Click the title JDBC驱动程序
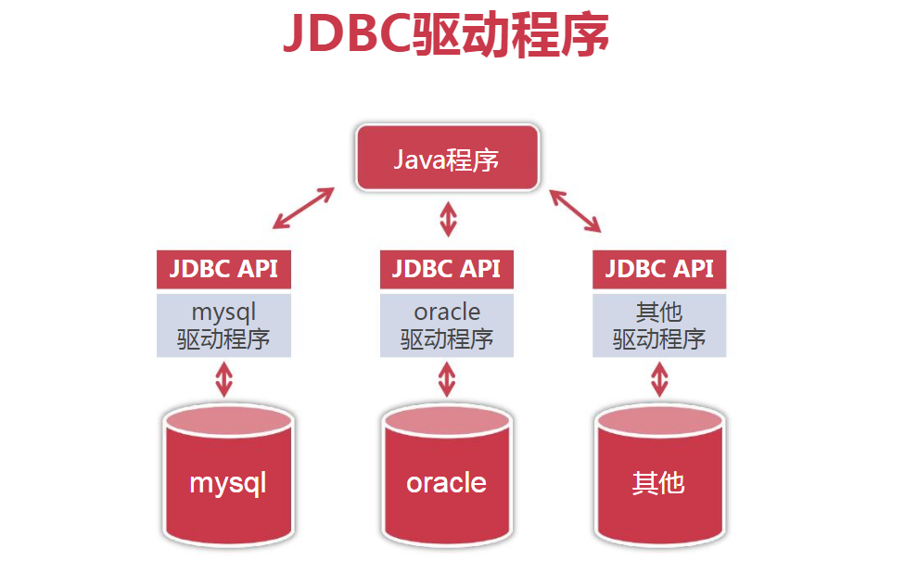[445, 35]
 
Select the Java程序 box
[447, 159]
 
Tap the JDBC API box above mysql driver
[223, 269]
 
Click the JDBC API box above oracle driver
[446, 269]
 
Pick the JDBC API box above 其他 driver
[659, 269]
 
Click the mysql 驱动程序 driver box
[223, 325]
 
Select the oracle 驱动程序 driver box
[446, 325]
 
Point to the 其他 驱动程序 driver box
[659, 325]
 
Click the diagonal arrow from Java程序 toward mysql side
[303, 208]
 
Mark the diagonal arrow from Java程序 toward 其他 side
[575, 210]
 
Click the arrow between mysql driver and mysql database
[223, 378]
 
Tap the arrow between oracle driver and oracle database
[447, 378]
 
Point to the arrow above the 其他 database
[659, 378]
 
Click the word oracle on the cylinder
[446, 482]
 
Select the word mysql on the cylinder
[228, 483]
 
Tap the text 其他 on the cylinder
[658, 482]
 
